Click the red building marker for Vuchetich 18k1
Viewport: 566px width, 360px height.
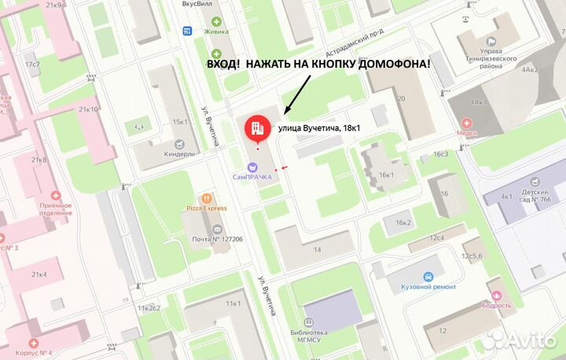[x=255, y=128]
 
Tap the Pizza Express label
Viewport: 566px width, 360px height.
[x=206, y=208]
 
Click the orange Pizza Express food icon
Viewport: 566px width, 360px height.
[x=207, y=198]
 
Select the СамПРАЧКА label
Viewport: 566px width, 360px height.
[x=252, y=177]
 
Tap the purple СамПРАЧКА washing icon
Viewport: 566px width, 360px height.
[x=252, y=167]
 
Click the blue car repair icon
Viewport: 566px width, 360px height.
[x=428, y=277]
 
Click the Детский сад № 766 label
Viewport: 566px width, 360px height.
[x=534, y=196]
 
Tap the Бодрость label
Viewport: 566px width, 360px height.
[x=497, y=305]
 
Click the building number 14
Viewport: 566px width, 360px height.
[x=317, y=249]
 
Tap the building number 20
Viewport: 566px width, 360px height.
[x=401, y=98]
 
